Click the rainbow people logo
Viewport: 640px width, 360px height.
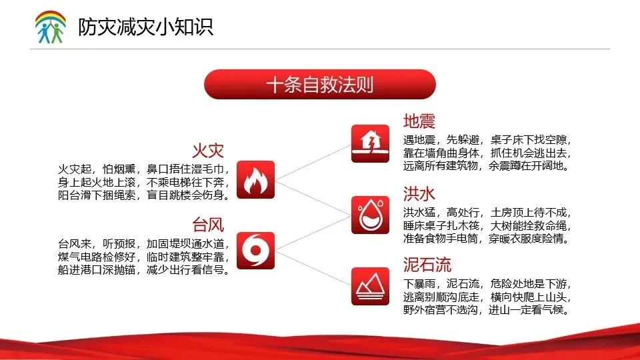[51, 27]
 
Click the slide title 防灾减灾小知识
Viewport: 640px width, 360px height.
[146, 27]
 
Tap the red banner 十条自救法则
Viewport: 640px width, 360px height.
[320, 85]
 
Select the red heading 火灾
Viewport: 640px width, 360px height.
[208, 151]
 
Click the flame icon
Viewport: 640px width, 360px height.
[255, 179]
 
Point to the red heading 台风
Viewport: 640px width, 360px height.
[208, 225]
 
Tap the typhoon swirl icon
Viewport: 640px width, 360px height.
[255, 251]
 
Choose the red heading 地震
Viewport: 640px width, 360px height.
[419, 121]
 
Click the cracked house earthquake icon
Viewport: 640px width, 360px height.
[370, 144]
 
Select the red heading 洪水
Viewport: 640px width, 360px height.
[419, 194]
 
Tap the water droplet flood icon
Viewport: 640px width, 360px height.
[370, 215]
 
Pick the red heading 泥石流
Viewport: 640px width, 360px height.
[427, 265]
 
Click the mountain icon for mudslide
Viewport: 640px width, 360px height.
[370, 286]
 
